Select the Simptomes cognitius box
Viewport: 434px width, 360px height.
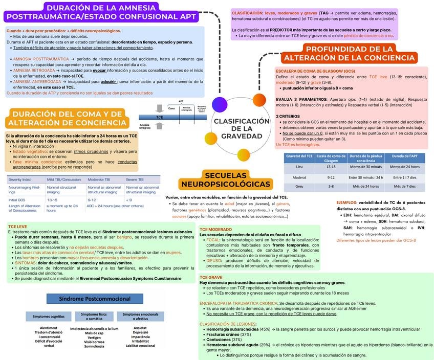click(49, 317)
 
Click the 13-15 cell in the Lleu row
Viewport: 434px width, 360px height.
click(331, 166)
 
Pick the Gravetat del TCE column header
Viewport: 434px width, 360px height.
click(299, 157)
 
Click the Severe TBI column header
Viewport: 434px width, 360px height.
click(135, 179)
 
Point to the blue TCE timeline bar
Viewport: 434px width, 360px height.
click(160, 117)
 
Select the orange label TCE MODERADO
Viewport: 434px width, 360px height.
click(215, 230)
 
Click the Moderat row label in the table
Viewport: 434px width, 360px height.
click(299, 177)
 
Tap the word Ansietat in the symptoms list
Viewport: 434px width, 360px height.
click(140, 328)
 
